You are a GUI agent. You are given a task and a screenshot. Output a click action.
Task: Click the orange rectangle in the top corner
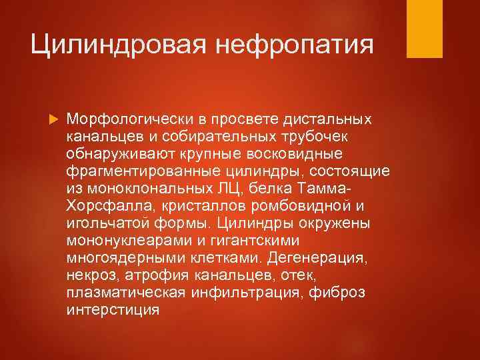[x=426, y=28]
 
